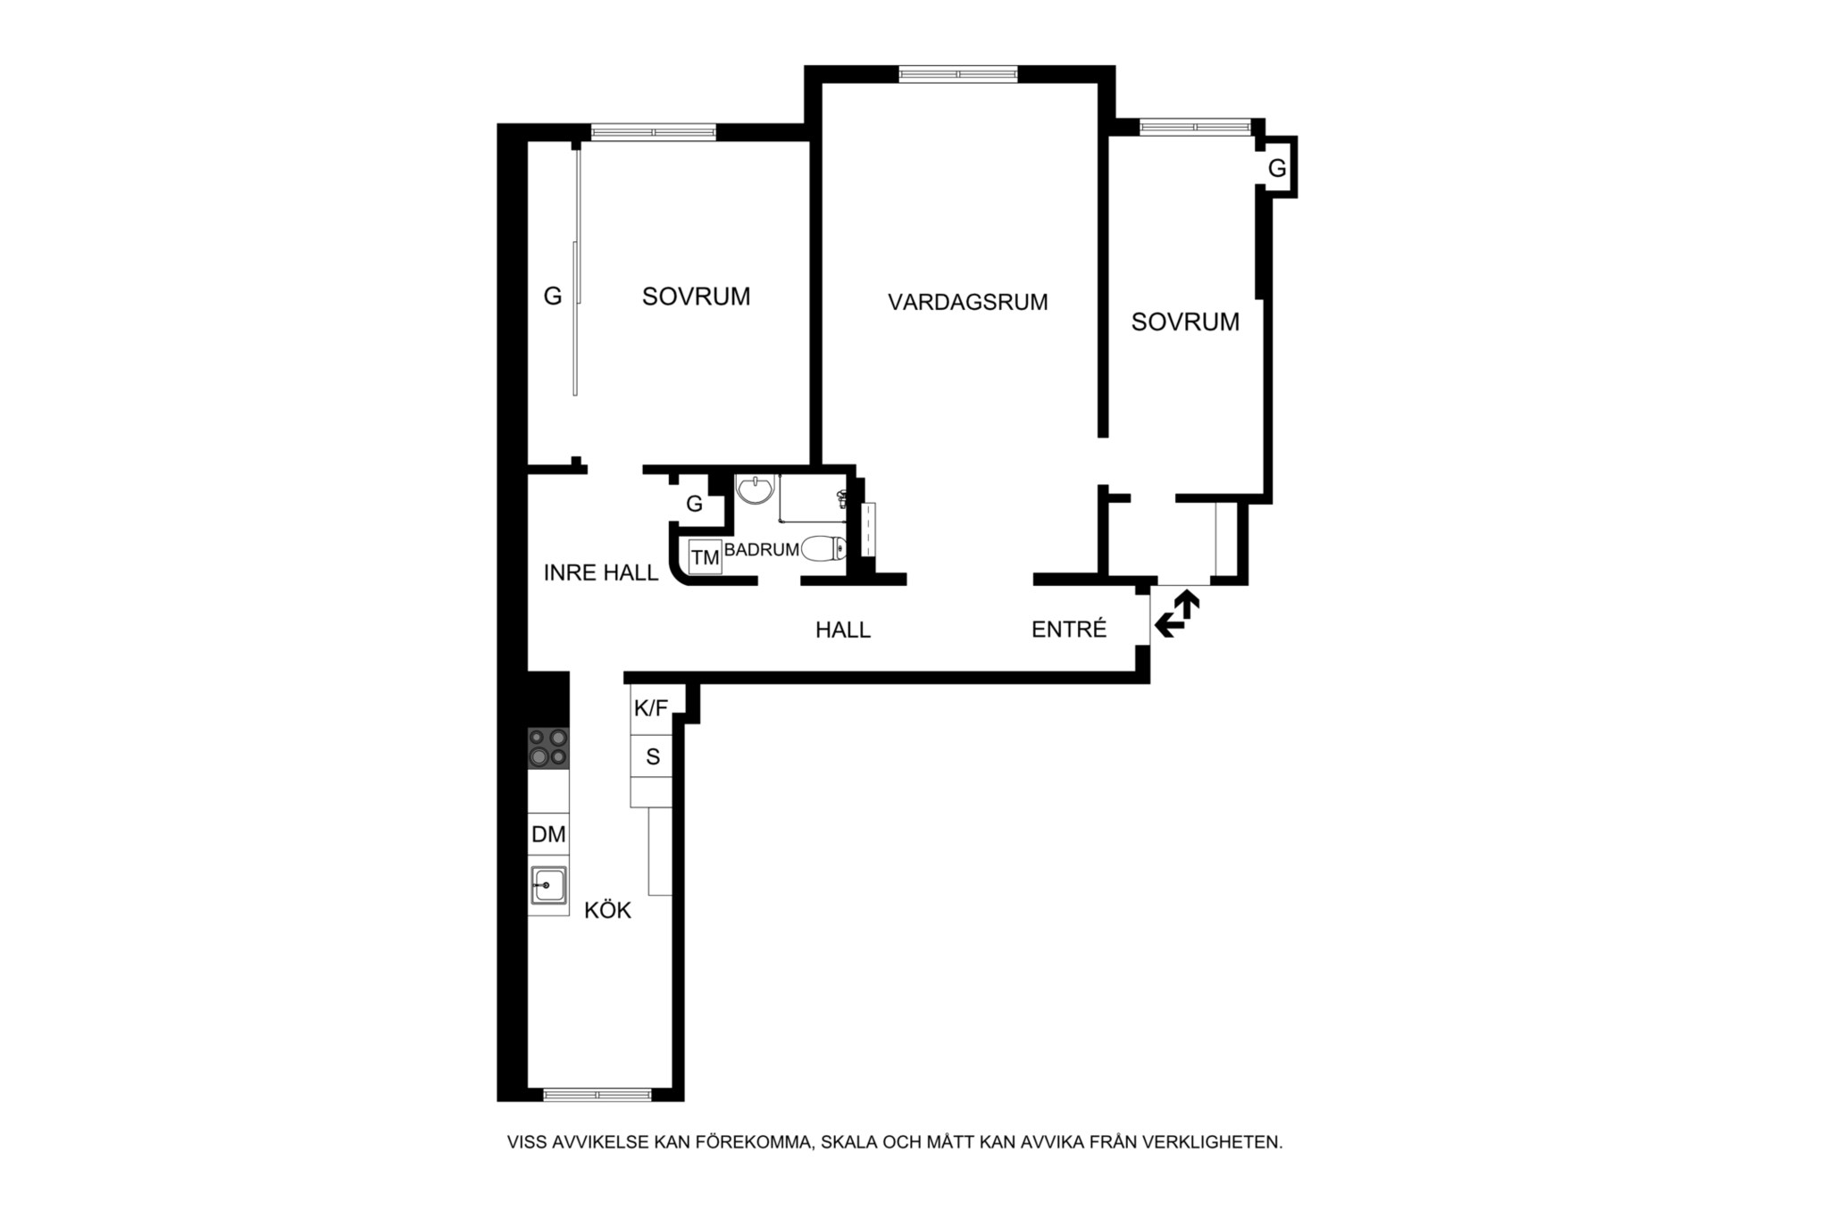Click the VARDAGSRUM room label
click(967, 302)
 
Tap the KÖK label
click(607, 910)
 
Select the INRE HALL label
click(601, 572)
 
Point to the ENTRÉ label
click(1069, 629)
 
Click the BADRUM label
click(761, 549)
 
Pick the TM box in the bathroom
click(706, 557)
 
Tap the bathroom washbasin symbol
click(756, 489)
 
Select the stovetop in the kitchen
click(548, 748)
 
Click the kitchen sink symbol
click(548, 885)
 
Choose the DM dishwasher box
click(548, 834)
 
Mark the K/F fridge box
click(651, 709)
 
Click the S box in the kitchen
click(652, 756)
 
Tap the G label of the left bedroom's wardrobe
click(553, 296)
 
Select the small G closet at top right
click(1277, 168)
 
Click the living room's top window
click(958, 74)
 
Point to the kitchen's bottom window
click(597, 1095)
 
